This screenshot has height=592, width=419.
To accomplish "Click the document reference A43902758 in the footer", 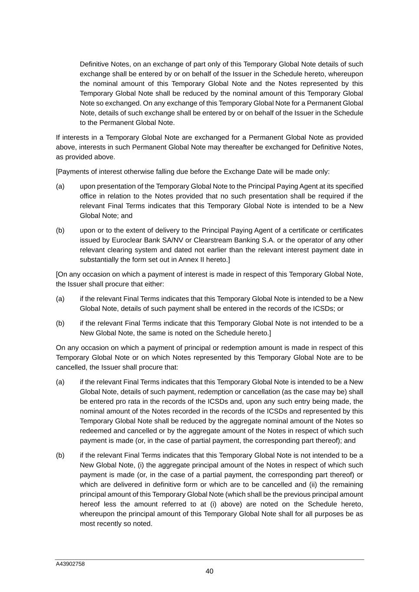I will [x=70, y=564].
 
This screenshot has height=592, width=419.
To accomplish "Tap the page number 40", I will [x=209, y=571].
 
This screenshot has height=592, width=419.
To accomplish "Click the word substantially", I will [x=100, y=260].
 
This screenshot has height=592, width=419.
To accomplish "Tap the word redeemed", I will [x=96, y=431].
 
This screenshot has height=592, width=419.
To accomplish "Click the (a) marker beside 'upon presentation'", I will [x=60, y=186].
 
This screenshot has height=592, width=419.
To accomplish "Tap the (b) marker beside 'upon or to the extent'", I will [x=60, y=230].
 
